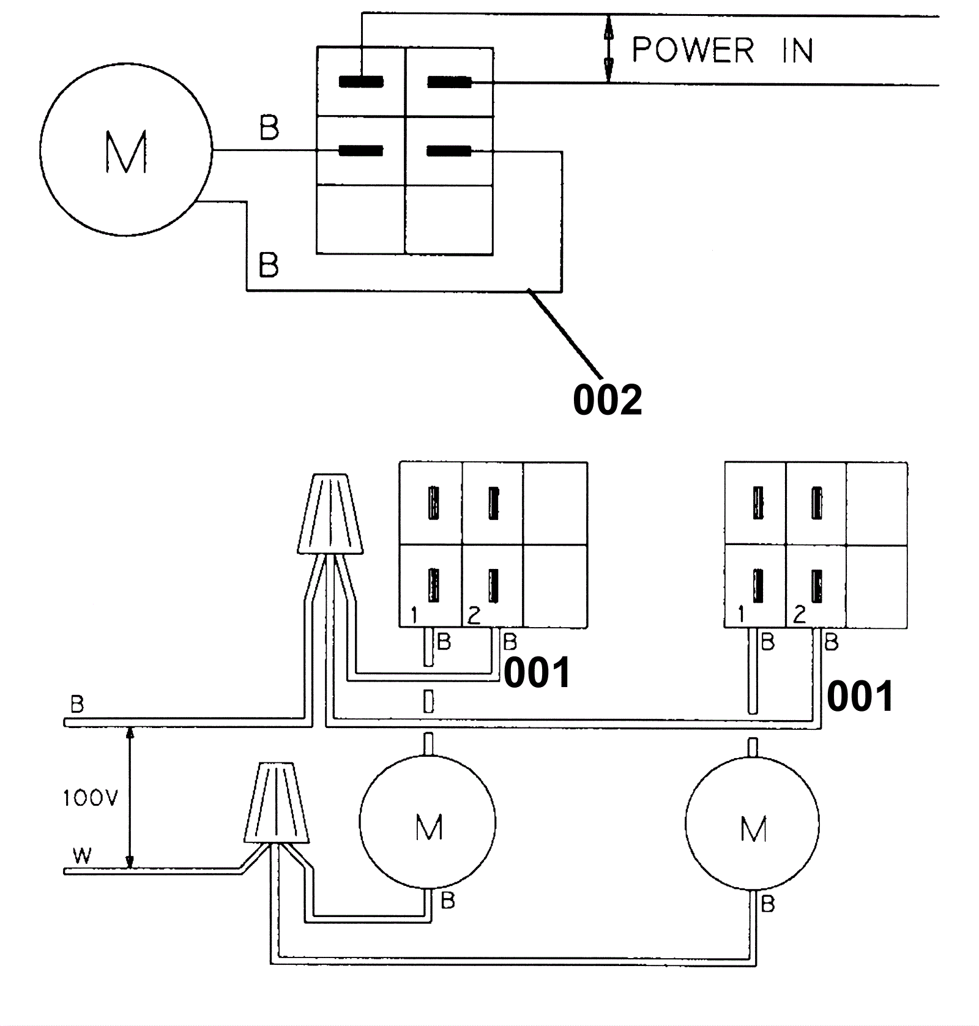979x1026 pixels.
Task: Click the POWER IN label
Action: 722,50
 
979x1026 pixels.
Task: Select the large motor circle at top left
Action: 126,149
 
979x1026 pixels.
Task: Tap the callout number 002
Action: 607,400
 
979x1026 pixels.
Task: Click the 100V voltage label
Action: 90,798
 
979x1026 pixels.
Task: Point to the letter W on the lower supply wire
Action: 81,855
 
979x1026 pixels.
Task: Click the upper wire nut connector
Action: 330,514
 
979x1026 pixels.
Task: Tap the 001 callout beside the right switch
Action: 860,696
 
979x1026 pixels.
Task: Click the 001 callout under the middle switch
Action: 537,673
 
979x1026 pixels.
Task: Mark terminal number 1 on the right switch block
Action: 741,614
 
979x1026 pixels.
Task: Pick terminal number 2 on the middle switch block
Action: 474,615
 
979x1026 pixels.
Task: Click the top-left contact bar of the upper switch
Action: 361,82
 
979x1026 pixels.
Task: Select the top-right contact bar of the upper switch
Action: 449,82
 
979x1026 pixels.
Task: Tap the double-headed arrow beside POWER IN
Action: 608,50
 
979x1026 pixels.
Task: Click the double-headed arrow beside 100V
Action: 129,797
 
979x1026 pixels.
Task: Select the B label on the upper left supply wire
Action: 77,704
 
